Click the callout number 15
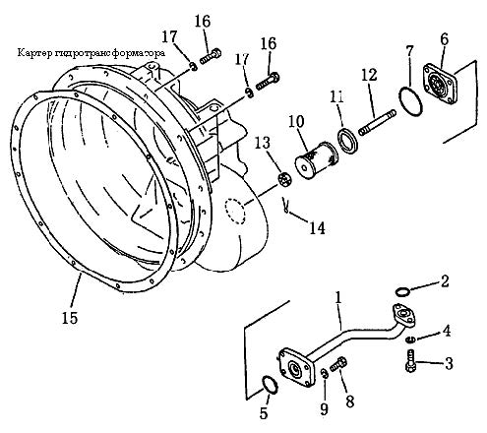point(70,317)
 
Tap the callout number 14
point(317,228)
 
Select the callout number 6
point(444,39)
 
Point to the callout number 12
point(369,75)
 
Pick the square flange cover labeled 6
point(440,84)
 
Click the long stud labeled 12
point(378,123)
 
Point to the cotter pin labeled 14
point(286,206)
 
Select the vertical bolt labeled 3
point(410,360)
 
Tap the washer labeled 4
point(410,340)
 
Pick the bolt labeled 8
point(338,363)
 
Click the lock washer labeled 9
point(324,373)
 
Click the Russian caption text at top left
point(91,53)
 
